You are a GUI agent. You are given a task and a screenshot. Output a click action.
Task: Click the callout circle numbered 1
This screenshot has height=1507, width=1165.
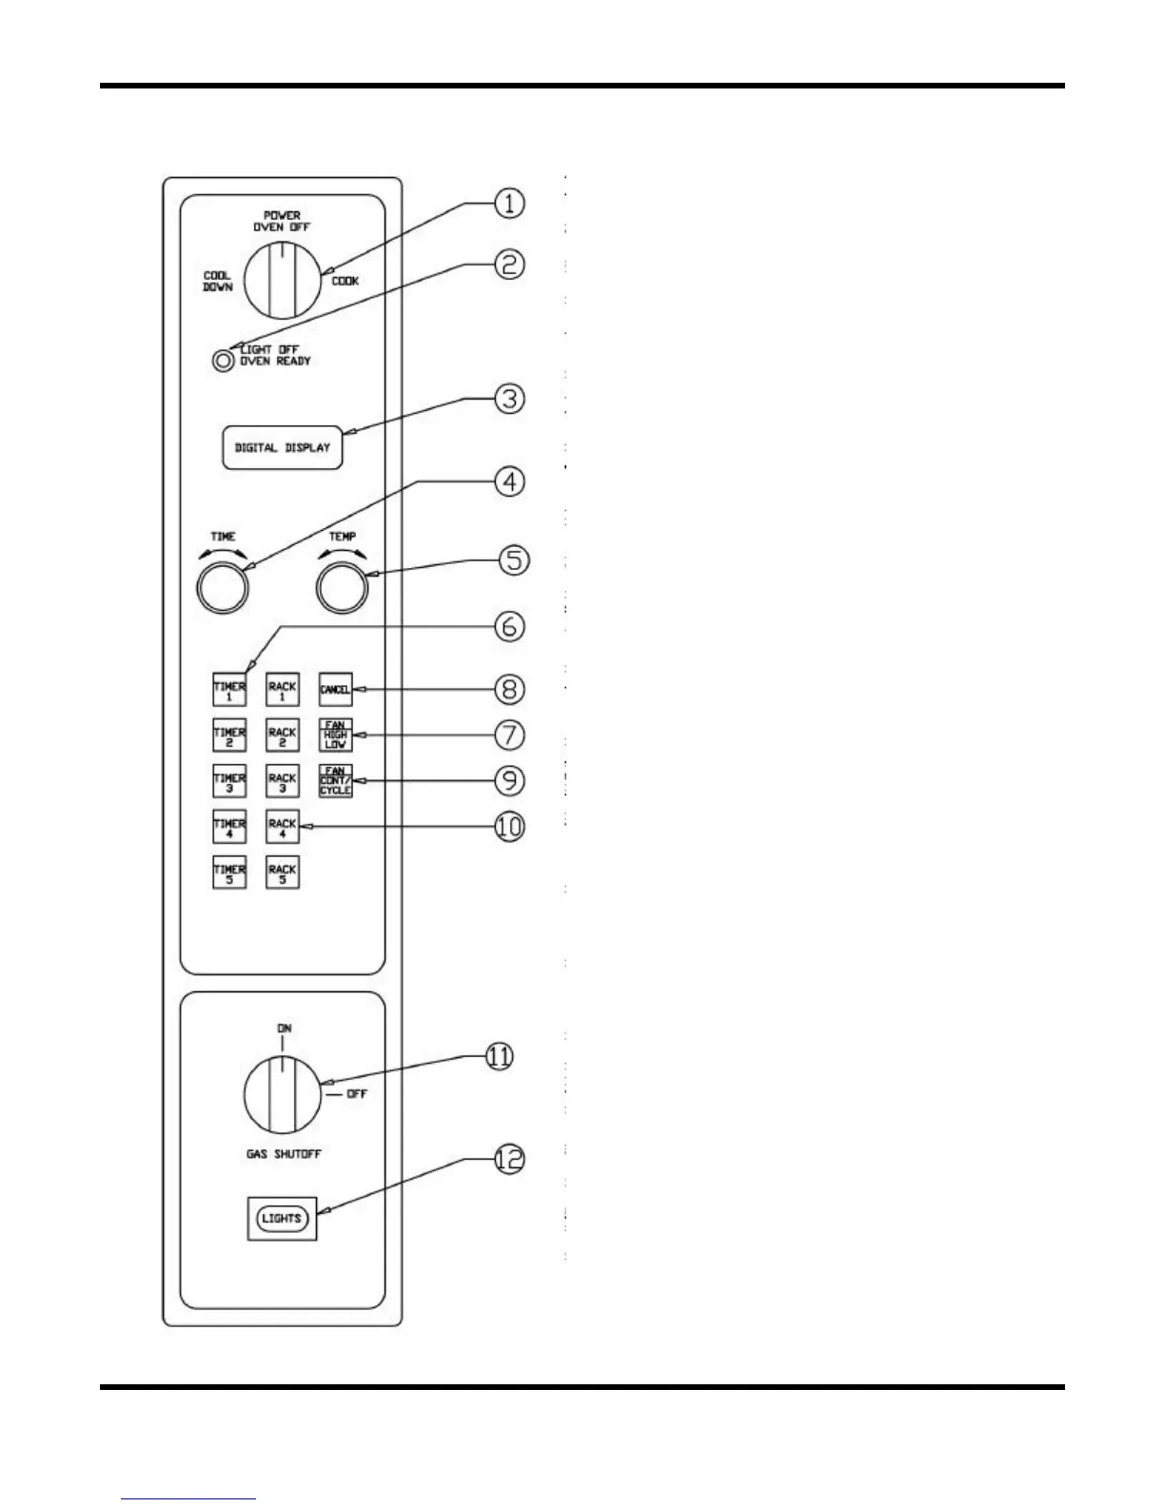(510, 203)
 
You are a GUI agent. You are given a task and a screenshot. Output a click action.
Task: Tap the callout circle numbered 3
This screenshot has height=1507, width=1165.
(510, 399)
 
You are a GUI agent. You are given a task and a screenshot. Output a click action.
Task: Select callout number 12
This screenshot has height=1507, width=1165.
(510, 1160)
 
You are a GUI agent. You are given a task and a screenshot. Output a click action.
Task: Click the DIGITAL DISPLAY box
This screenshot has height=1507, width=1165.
(282, 448)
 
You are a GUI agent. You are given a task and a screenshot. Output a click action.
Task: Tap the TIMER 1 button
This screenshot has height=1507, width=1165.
(229, 690)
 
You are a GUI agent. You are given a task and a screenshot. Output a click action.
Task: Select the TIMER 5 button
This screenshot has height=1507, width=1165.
(229, 872)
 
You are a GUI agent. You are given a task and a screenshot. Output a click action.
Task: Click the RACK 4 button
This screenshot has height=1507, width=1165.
(283, 827)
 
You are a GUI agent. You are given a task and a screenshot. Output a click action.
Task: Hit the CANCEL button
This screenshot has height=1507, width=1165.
(335, 690)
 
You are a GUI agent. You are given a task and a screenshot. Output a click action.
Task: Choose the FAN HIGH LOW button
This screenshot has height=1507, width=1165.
(335, 735)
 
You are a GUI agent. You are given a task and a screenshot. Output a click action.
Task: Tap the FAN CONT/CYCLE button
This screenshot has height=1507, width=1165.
(335, 781)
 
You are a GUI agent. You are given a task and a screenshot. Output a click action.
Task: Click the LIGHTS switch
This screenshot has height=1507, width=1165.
(282, 1219)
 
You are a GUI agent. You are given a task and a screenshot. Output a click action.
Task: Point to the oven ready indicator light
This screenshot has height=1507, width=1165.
(224, 361)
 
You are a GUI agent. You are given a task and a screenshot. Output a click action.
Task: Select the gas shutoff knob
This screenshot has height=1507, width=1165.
(283, 1094)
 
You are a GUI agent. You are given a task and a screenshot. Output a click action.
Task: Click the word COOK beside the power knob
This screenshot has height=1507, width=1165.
(345, 282)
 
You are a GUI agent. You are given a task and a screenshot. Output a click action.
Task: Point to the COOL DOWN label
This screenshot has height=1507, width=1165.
(217, 282)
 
